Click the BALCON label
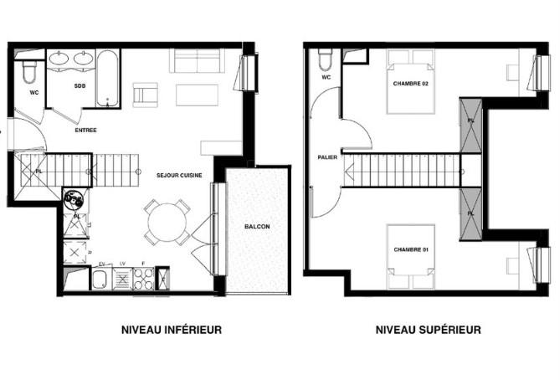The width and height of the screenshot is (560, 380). pyautogui.click(x=257, y=227)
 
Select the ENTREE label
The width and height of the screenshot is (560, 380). pyautogui.click(x=85, y=131)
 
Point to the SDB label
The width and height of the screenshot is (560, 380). pyautogui.click(x=80, y=86)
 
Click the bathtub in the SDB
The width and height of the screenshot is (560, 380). pyautogui.click(x=109, y=78)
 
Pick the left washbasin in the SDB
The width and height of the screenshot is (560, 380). pyautogui.click(x=60, y=59)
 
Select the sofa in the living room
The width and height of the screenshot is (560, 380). pyautogui.click(x=197, y=61)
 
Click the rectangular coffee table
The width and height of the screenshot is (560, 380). pyautogui.click(x=197, y=94)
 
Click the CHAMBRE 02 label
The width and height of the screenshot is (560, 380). pyautogui.click(x=410, y=84)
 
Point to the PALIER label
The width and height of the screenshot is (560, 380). pyautogui.click(x=326, y=157)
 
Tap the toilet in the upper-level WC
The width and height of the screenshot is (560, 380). pyautogui.click(x=326, y=58)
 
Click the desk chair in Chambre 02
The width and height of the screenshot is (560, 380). pyautogui.click(x=512, y=72)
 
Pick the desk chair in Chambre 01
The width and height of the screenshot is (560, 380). pyautogui.click(x=512, y=264)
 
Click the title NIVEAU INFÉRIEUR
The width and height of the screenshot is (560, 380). pyautogui.click(x=172, y=330)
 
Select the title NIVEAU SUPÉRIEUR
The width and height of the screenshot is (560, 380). pyautogui.click(x=428, y=330)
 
